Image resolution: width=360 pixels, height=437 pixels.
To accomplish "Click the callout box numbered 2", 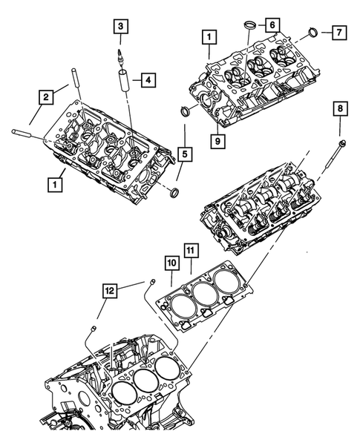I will [x=45, y=96].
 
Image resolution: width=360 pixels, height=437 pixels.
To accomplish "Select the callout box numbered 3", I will [x=120, y=28].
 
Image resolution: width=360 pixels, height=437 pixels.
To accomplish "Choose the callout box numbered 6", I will [x=273, y=25].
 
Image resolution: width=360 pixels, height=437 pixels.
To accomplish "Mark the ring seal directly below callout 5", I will [x=175, y=194].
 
